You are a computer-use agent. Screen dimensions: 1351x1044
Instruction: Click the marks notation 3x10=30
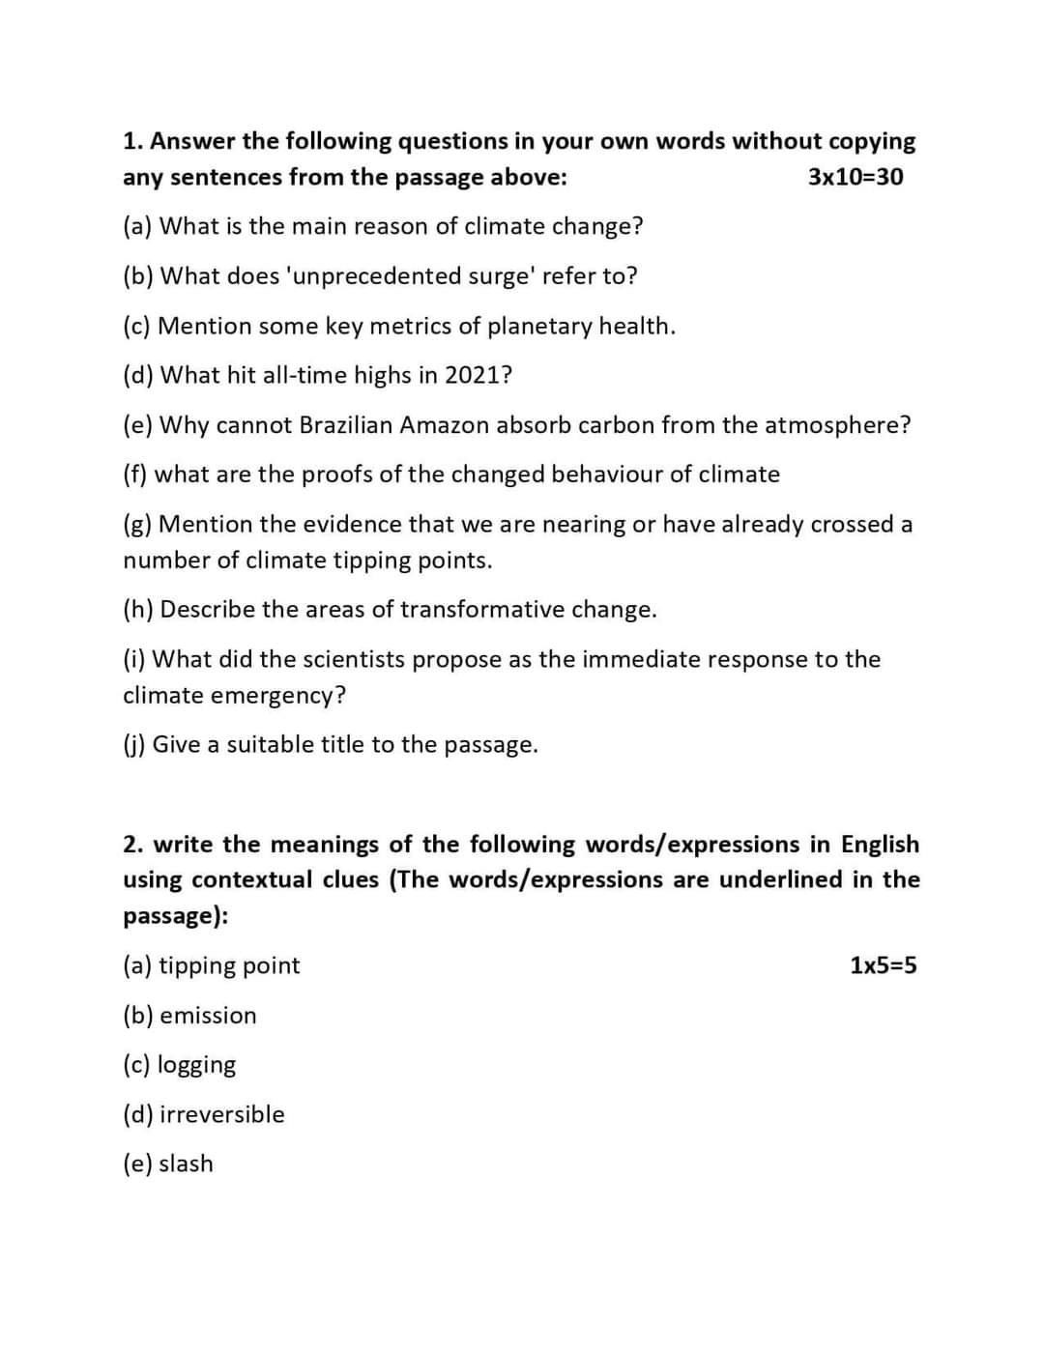[x=855, y=177]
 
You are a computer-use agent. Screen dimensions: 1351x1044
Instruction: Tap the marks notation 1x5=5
[x=884, y=965]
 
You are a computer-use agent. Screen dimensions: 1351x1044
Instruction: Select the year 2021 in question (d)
[x=474, y=375]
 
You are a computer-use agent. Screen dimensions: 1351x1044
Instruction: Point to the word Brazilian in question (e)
[x=346, y=425]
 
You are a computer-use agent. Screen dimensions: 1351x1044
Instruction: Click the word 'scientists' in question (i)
[x=354, y=659]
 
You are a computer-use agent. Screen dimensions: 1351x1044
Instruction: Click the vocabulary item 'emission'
[x=208, y=1016]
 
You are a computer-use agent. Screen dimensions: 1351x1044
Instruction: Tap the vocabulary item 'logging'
[x=196, y=1065]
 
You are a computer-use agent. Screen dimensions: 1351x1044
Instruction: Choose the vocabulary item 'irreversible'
[x=221, y=1114]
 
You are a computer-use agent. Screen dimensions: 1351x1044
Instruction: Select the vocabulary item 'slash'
[x=186, y=1164]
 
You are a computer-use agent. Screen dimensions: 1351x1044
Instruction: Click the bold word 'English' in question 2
[x=880, y=845]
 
